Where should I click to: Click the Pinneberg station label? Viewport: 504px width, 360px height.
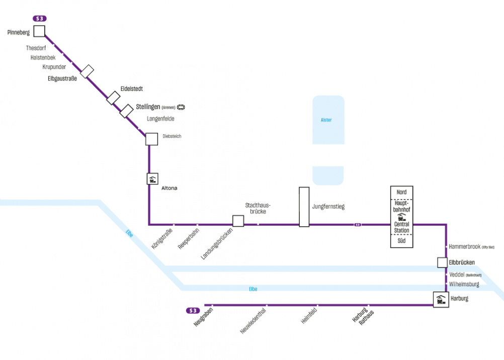pos(19,33)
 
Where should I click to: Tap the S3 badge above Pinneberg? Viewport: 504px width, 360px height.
pos(40,19)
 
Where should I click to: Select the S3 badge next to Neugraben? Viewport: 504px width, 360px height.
pos(193,311)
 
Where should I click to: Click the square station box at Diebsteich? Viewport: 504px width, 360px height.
pos(151,139)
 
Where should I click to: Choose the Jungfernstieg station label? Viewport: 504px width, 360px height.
pos(328,207)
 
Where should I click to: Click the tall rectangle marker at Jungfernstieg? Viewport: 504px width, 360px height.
pos(304,207)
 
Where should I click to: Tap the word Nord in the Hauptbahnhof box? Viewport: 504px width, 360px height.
pos(401,193)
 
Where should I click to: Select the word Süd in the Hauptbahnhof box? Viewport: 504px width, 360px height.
pos(401,241)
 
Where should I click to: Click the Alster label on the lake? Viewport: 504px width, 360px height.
pos(326,120)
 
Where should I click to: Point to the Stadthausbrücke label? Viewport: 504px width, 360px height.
pos(258,209)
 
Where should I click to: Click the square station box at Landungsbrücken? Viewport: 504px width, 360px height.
pos(238,221)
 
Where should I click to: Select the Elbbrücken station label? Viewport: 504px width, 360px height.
pos(462,262)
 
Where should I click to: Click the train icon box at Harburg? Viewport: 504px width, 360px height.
pos(441,300)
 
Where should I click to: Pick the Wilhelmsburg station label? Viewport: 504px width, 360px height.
pos(464,284)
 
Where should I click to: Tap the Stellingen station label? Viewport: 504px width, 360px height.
pos(148,107)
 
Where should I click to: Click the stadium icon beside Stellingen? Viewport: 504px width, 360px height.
pos(181,107)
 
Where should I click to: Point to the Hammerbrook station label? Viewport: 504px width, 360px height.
pos(464,247)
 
